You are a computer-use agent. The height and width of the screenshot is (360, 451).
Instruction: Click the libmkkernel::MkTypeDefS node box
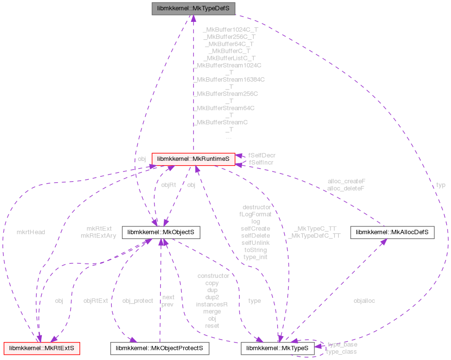[193, 9]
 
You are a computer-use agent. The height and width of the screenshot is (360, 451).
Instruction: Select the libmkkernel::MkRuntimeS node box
[193, 159]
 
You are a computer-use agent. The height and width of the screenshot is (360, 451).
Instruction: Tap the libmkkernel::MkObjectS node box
[161, 233]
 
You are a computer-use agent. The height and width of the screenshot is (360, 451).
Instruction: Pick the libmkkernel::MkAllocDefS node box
[392, 233]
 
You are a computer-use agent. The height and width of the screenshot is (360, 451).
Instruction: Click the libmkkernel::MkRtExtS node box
[42, 348]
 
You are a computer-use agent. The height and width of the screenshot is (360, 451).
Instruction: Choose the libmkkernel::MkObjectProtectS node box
[159, 348]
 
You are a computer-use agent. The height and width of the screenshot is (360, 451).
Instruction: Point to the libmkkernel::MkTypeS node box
[278, 348]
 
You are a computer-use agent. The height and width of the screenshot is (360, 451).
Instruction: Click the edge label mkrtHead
[31, 232]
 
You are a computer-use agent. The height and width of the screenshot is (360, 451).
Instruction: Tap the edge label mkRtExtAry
[99, 236]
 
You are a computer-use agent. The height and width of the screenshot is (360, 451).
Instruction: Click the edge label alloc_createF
[347, 181]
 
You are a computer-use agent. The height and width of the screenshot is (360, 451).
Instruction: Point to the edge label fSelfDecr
[261, 155]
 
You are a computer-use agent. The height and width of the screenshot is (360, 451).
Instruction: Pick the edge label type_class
[341, 351]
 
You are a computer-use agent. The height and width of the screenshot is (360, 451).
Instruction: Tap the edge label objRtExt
[95, 301]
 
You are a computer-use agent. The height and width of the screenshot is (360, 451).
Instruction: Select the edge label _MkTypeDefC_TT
[313, 236]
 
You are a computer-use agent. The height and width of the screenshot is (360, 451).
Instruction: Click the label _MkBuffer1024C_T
[230, 30]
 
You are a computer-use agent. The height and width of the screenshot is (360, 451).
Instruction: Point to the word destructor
[257, 207]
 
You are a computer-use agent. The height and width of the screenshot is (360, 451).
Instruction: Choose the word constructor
[213, 276]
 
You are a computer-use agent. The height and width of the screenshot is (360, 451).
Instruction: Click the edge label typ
[441, 185]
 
